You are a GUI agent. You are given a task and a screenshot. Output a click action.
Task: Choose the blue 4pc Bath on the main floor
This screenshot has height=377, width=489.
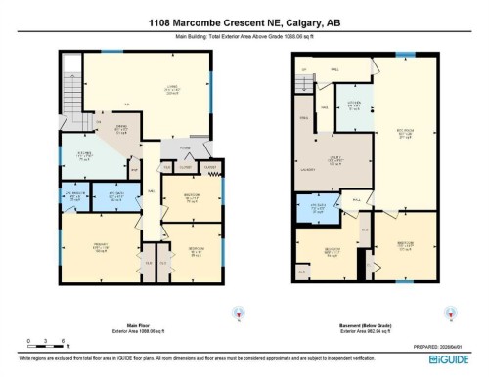tap(115, 196)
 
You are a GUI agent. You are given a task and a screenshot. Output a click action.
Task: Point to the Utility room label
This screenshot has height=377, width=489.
tap(334, 160)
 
